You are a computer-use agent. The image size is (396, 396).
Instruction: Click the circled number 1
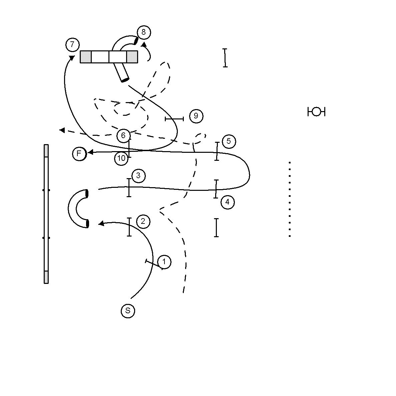click(164, 262)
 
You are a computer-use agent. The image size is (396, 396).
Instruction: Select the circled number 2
click(143, 222)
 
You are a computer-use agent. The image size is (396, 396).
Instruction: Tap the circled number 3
click(138, 175)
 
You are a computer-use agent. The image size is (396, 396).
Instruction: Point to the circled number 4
click(228, 202)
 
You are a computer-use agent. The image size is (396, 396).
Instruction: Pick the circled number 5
click(229, 141)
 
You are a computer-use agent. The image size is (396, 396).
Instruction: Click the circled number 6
click(123, 136)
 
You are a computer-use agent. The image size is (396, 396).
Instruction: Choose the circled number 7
click(72, 45)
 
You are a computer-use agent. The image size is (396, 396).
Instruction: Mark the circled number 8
click(144, 32)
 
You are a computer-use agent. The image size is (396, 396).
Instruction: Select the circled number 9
click(196, 116)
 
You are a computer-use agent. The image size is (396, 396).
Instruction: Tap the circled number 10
click(121, 158)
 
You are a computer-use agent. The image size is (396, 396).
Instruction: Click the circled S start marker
click(128, 311)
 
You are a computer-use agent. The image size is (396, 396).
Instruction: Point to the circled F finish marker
click(79, 153)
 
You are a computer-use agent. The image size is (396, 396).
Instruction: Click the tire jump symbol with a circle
click(316, 111)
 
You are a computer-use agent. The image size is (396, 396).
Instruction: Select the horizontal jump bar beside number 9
click(174, 119)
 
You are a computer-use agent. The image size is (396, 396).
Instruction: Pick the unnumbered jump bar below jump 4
click(217, 228)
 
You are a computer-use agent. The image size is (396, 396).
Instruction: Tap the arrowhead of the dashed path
click(62, 130)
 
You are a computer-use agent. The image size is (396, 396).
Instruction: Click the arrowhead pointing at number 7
click(72, 58)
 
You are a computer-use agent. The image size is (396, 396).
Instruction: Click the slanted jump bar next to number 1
click(154, 265)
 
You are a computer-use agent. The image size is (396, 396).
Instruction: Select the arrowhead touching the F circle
click(90, 152)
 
